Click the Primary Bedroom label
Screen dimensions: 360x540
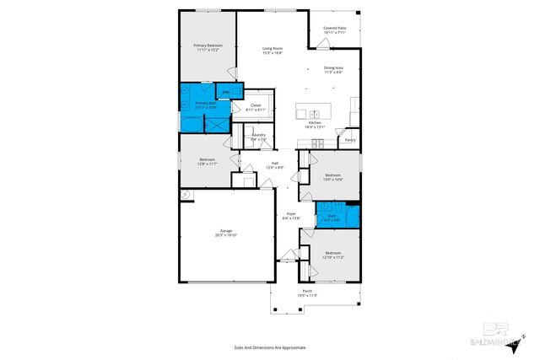click(207, 47)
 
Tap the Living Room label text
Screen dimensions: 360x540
click(271, 51)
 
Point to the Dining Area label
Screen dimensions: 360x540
click(333, 70)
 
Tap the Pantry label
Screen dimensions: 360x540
click(349, 140)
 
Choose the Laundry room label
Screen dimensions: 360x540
click(259, 136)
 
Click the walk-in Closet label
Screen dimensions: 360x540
click(255, 107)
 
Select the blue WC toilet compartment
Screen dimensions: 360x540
click(226, 92)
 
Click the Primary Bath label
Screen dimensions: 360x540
click(194, 105)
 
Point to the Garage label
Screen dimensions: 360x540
click(226, 233)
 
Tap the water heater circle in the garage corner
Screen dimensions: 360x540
click(185, 194)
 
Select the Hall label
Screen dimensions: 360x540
click(274, 165)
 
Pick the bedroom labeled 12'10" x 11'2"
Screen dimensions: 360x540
click(333, 255)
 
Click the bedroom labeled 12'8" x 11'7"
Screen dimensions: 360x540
click(208, 161)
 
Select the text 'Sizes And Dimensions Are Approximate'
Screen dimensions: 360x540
click(269, 347)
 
